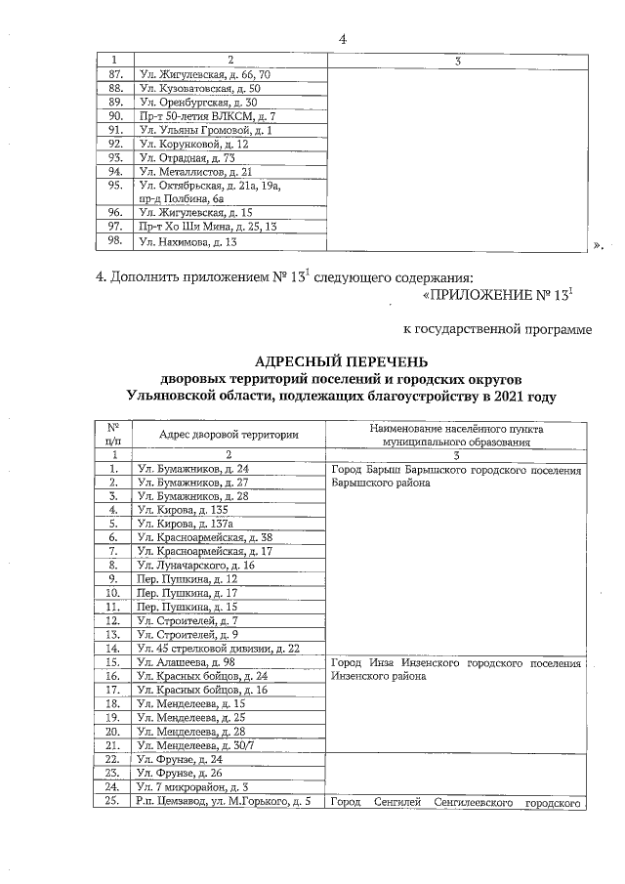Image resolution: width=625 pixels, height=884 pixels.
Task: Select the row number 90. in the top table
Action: (x=115, y=115)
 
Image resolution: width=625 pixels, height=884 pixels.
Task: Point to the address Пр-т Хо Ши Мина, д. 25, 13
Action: (x=204, y=226)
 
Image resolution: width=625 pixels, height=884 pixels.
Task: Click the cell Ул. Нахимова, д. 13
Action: (x=188, y=241)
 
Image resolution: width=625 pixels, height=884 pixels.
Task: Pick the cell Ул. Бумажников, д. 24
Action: (x=194, y=469)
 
